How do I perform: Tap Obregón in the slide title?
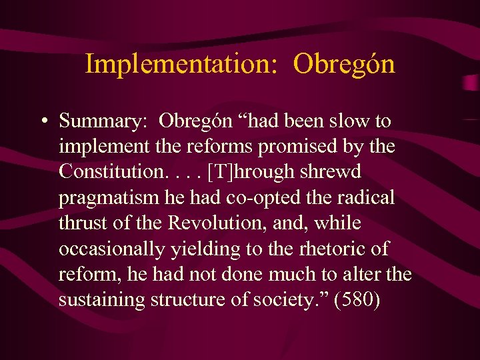pos(344,65)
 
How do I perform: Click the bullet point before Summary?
pos(43,122)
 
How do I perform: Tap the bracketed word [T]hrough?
pos(254,171)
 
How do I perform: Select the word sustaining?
pos(97,300)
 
